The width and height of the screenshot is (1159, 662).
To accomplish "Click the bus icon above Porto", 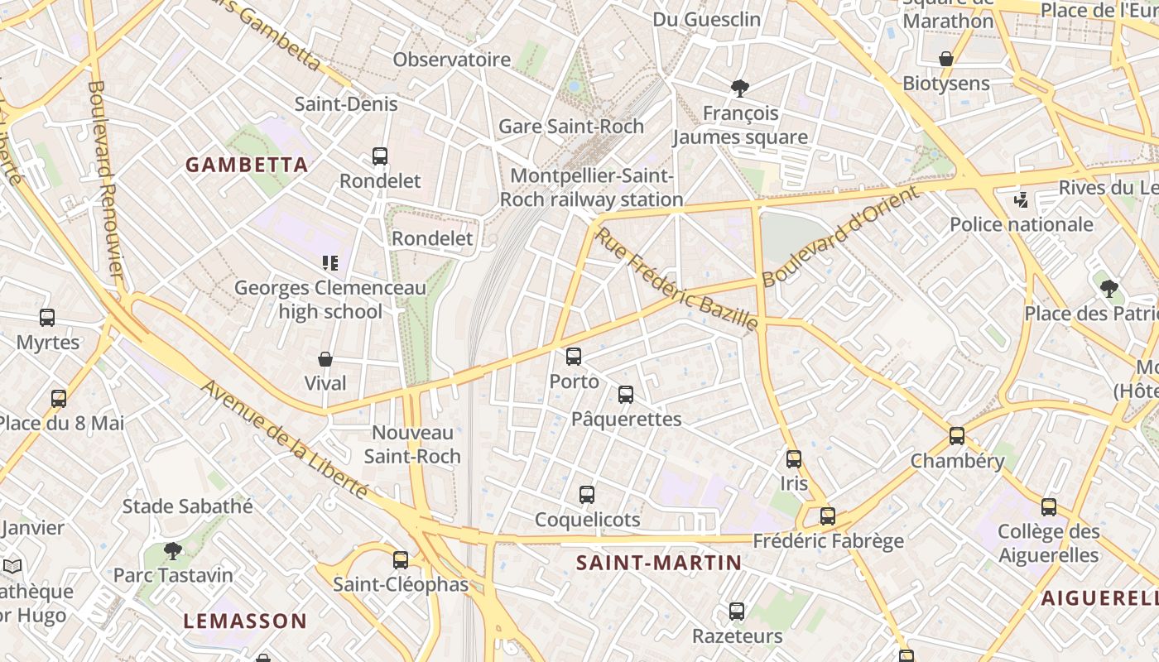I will [x=574, y=357].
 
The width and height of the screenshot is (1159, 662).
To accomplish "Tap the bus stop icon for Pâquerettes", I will [x=626, y=395].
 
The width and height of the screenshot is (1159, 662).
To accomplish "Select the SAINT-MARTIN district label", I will [x=659, y=564].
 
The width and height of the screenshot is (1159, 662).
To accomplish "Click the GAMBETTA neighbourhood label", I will [x=247, y=165].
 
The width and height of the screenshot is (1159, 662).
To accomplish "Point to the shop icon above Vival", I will [x=325, y=359].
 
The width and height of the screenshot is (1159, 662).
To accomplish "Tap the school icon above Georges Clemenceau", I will [x=330, y=263].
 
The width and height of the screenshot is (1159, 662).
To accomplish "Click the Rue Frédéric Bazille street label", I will [x=676, y=278].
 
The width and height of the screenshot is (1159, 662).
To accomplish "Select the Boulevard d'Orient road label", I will [x=839, y=237].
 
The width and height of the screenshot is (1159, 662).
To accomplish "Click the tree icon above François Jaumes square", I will [x=739, y=89].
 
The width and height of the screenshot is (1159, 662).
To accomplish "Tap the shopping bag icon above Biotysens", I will [x=946, y=59].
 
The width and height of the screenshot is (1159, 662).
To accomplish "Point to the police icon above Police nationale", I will [x=1022, y=199].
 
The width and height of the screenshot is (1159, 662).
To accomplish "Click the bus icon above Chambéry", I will [x=957, y=436].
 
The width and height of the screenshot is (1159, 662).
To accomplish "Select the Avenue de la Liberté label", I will [x=284, y=439].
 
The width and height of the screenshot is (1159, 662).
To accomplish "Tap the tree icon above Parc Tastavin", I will [x=172, y=550].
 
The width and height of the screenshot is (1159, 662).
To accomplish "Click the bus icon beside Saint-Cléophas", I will [x=401, y=560].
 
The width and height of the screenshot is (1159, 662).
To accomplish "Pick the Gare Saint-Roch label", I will [x=570, y=127].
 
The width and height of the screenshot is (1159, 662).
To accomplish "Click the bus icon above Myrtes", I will [x=47, y=318].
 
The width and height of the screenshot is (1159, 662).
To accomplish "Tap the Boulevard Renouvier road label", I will [x=105, y=180].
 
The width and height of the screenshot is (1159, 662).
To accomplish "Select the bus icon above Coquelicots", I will [x=587, y=495].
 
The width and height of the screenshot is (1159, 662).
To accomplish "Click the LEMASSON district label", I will [x=245, y=621].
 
